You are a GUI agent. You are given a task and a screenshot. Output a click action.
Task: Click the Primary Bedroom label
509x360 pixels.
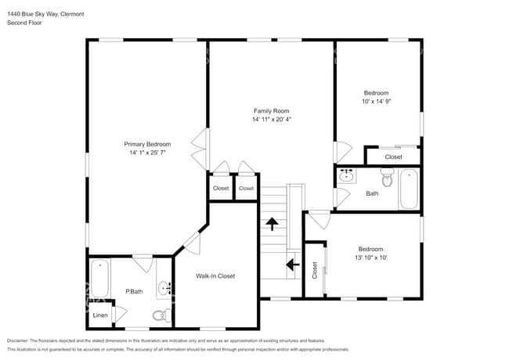point(147,144)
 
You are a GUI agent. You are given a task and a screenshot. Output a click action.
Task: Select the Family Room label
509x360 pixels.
point(271,111)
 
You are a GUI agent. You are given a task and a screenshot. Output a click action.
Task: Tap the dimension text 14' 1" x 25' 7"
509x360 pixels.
point(147,153)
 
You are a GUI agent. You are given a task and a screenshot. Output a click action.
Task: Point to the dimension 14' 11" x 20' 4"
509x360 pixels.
point(271,121)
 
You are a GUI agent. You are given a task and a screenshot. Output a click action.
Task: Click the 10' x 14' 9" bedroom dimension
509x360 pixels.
point(375,102)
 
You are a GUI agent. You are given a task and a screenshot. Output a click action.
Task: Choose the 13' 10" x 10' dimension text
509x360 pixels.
point(370,257)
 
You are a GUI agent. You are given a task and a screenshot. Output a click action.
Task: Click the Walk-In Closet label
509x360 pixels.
point(215,275)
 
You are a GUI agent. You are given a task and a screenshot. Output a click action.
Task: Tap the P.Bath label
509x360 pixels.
point(134,292)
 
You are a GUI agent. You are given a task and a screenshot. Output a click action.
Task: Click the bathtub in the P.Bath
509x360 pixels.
point(99,278)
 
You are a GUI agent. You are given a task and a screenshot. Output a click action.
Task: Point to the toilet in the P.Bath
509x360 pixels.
point(160,315)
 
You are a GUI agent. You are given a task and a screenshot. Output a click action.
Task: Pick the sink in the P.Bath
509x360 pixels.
point(165,289)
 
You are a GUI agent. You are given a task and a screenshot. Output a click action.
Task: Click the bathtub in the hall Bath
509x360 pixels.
point(409,189)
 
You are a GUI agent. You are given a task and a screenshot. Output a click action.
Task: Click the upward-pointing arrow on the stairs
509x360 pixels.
point(273,225)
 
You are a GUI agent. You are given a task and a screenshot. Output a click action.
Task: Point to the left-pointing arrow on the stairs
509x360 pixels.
point(293,265)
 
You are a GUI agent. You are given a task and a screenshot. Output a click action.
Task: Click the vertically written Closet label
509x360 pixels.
point(315,271)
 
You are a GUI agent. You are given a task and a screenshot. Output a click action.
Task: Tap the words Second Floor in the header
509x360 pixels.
point(24,23)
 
